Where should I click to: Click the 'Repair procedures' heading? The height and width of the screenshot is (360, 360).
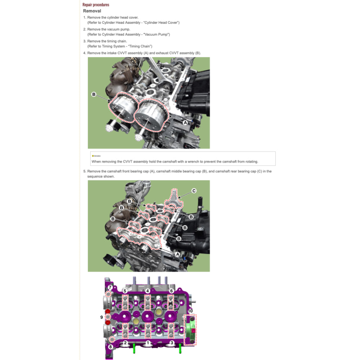(x=96, y=5)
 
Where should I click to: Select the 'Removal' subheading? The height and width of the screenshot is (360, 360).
(x=92, y=11)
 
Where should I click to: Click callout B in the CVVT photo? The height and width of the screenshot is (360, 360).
(x=94, y=94)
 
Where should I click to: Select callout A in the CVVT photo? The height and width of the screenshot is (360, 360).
(x=185, y=122)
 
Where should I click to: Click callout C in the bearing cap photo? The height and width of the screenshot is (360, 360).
(x=194, y=191)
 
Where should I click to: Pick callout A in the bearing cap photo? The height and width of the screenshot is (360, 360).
(x=177, y=254)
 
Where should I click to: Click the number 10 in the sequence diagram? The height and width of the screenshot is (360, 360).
(x=190, y=311)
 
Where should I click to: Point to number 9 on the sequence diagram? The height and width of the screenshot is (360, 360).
(x=102, y=317)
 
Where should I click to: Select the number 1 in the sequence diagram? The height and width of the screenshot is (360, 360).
(x=148, y=342)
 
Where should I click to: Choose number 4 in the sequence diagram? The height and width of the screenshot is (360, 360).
(x=148, y=291)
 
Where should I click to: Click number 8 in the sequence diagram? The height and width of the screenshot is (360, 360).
(x=110, y=347)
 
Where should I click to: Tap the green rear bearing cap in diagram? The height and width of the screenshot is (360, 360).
(x=190, y=330)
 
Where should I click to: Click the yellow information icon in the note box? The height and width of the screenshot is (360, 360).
(x=93, y=156)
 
